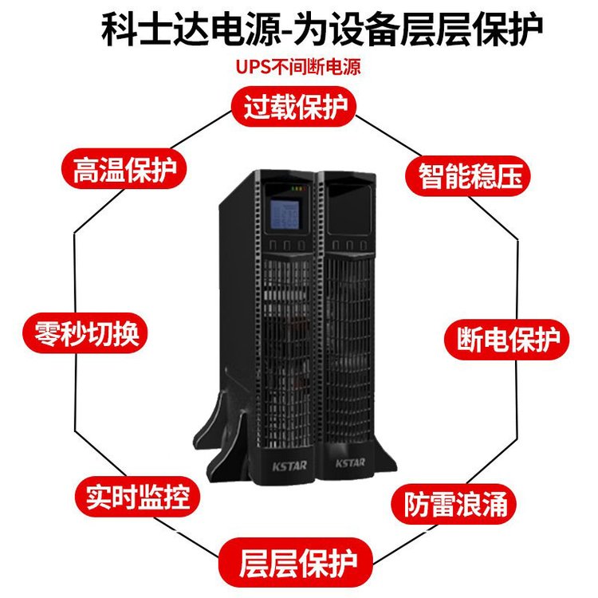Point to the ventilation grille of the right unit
pyautogui.click(x=348, y=335)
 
